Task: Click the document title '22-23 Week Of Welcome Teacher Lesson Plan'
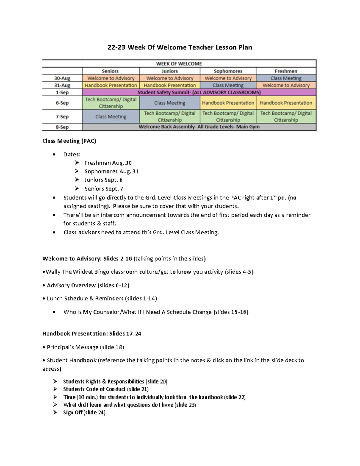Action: pos(180,47)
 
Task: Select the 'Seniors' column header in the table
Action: pos(110,71)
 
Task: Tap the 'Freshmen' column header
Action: pos(286,71)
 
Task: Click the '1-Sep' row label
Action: pos(62,92)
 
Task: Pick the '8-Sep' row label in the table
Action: pos(62,127)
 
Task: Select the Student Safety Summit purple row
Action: pos(199,92)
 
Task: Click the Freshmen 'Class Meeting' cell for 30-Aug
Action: pos(286,78)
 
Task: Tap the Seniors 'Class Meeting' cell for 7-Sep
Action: pos(111,116)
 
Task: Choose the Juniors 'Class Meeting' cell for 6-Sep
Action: pos(169,103)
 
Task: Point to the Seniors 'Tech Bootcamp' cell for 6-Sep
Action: pos(111,103)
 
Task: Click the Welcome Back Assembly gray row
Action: pos(199,127)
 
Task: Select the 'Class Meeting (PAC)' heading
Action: pos(69,141)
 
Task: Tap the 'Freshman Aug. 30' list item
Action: pos(108,163)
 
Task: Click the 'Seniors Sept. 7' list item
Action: pos(104,189)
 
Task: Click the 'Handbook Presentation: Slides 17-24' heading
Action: pos(91,334)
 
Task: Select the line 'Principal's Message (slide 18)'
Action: pos(85,347)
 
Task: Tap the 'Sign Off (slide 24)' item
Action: pos(84,413)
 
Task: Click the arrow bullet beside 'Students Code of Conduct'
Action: pos(55,389)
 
